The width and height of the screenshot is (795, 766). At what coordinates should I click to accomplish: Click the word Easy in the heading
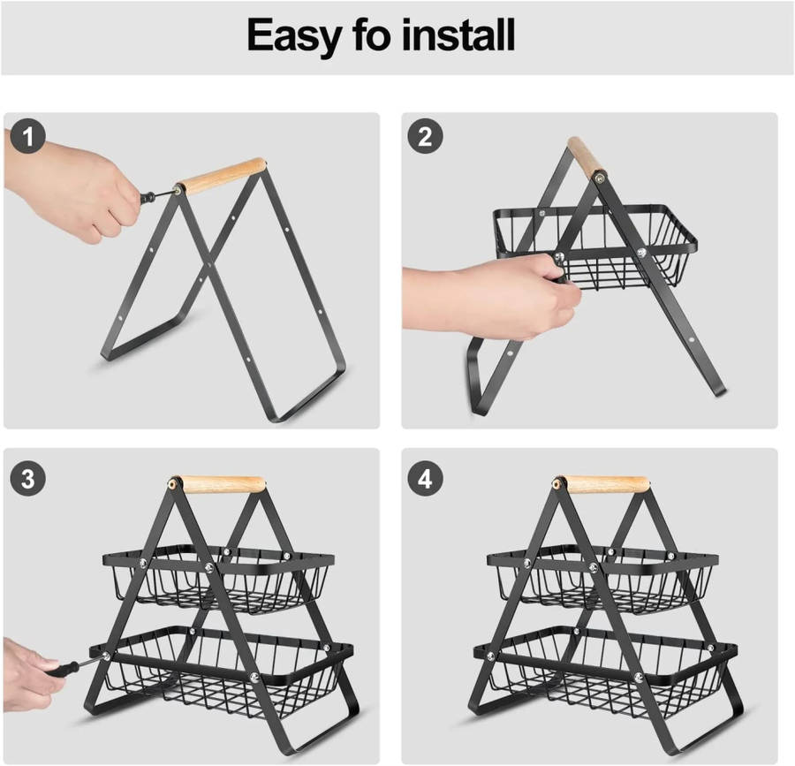coord(293,35)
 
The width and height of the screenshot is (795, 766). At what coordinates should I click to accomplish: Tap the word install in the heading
coord(458,34)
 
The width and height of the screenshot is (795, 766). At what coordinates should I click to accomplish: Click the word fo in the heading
coord(371,34)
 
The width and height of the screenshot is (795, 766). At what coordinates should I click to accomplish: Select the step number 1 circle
coord(28,136)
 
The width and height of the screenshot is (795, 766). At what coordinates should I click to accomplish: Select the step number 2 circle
coord(426,136)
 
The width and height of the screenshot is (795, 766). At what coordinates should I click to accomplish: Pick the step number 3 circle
coord(28,479)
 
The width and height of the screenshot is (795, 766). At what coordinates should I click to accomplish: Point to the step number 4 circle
coord(426,479)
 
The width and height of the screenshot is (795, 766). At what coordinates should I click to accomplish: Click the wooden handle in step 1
coord(221,176)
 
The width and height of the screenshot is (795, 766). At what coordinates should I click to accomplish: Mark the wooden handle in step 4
coord(605,484)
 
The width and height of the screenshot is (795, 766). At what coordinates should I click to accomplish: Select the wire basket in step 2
coord(595,246)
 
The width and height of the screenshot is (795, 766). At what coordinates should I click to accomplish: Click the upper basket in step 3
coord(218,578)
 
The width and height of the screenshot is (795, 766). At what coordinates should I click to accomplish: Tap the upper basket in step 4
coord(602,578)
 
